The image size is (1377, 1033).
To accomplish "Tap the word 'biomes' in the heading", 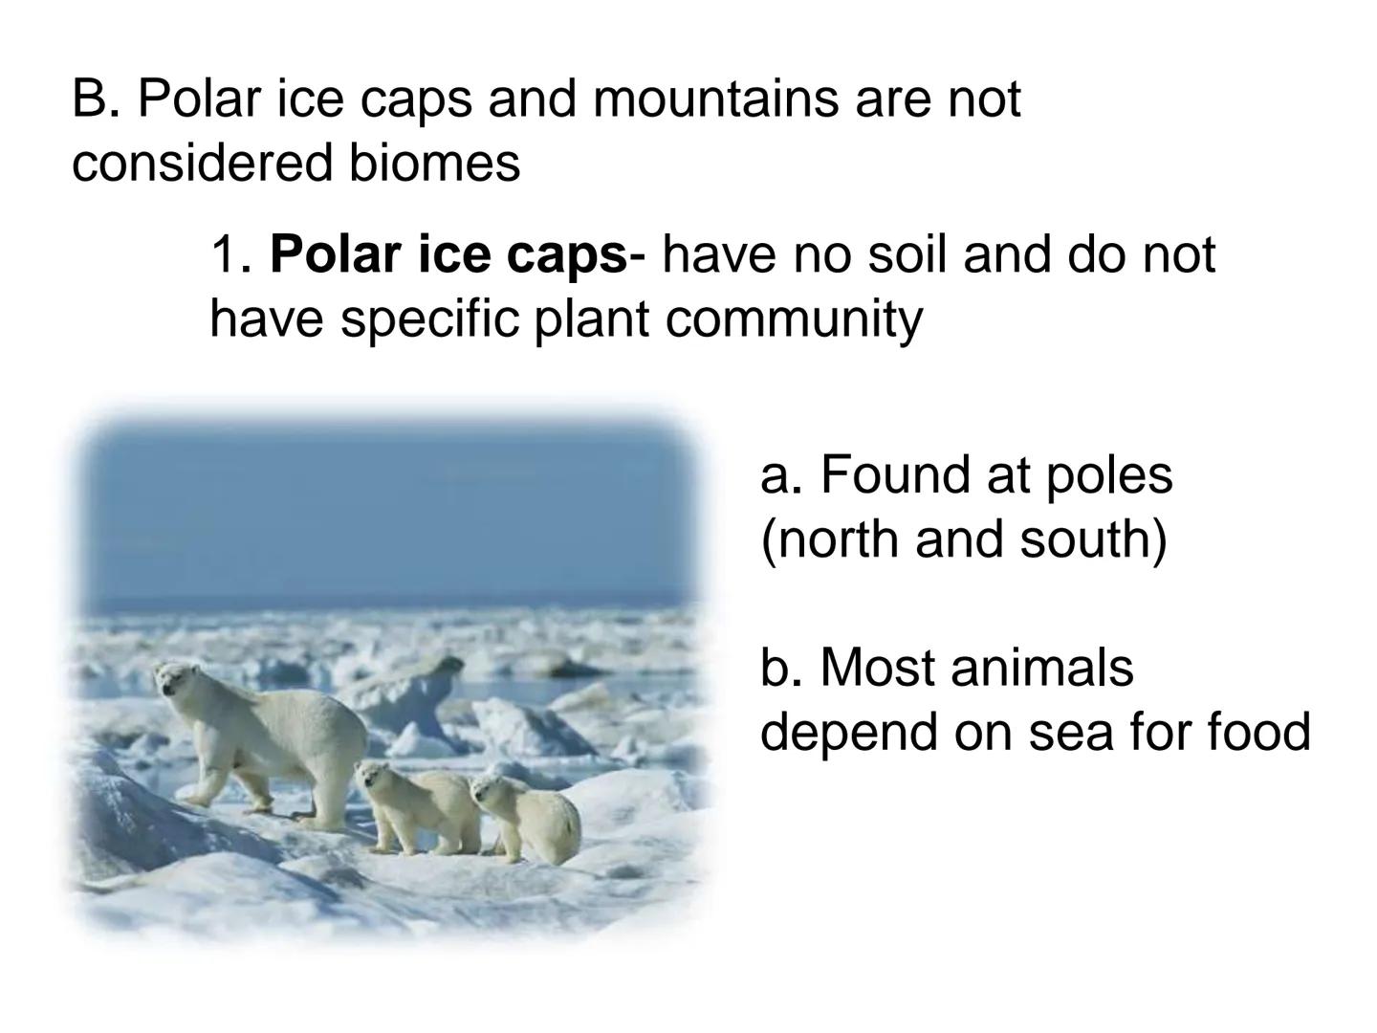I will point(434,163).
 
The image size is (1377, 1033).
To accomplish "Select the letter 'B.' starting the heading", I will point(97,99).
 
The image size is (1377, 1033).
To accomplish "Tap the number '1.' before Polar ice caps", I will point(232,254).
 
